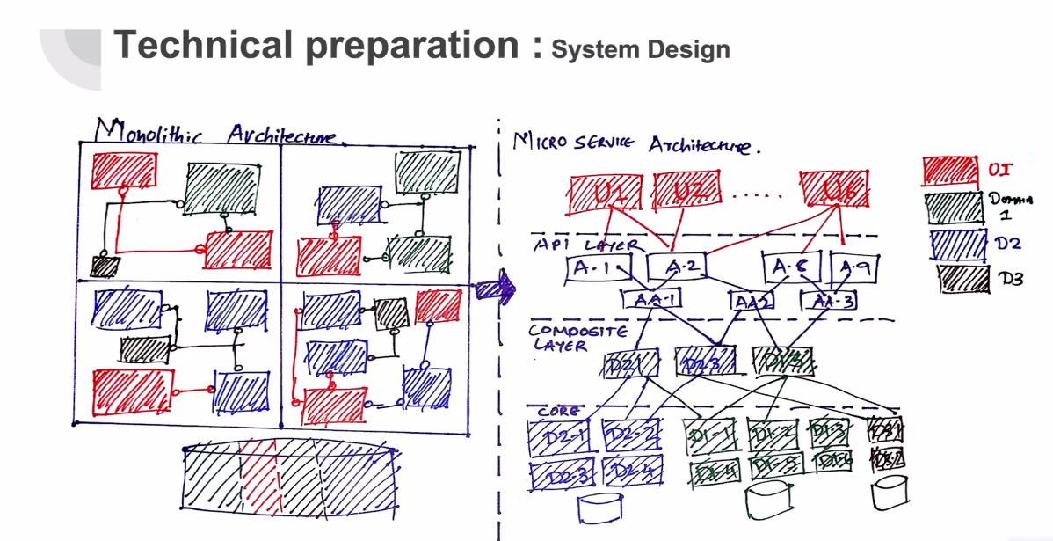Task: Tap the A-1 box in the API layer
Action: pyautogui.click(x=599, y=268)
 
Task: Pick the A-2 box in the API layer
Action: pyautogui.click(x=677, y=267)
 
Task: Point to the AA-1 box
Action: pyautogui.click(x=652, y=300)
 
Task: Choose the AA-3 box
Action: pyautogui.click(x=829, y=301)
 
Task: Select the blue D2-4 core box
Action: pyautogui.click(x=631, y=473)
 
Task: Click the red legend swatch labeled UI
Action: pyautogui.click(x=950, y=169)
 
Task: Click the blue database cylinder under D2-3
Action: pyautogui.click(x=601, y=509)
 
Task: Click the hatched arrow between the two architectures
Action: pyautogui.click(x=494, y=287)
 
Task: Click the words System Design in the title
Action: pyautogui.click(x=640, y=49)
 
